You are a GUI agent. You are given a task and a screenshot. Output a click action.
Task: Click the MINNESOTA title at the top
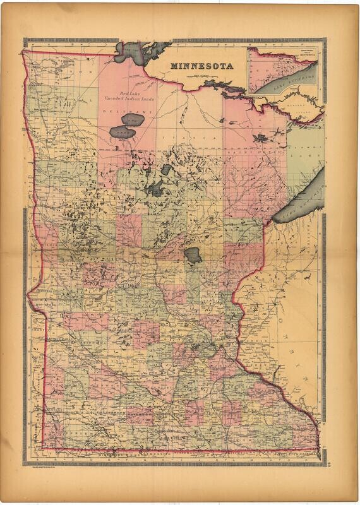tap(201, 65)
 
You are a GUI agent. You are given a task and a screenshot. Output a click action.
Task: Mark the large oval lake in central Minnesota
tap(192, 256)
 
